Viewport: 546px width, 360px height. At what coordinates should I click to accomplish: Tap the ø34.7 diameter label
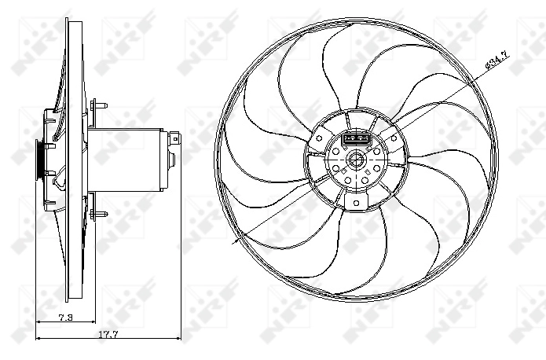point(497,60)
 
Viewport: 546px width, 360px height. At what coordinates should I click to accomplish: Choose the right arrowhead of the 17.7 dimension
point(179,339)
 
